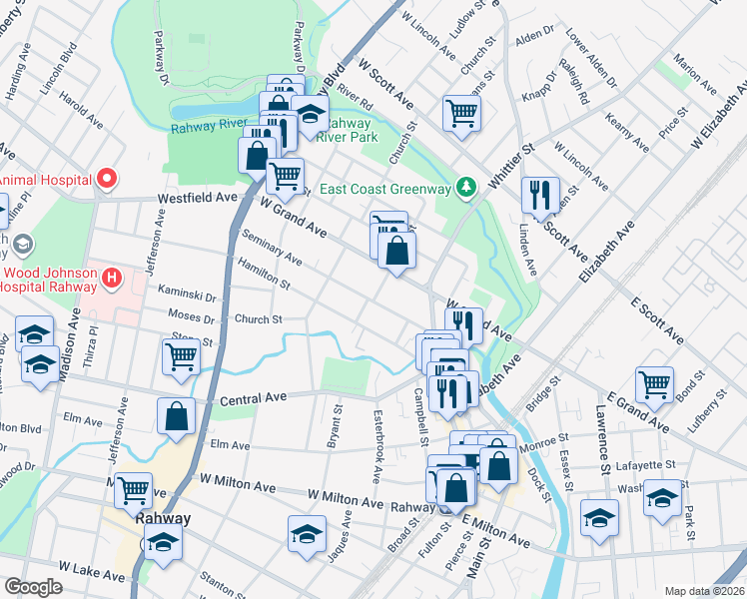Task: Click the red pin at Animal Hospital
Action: (x=106, y=180)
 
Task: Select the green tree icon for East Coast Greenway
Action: (x=464, y=187)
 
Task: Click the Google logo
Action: (x=33, y=586)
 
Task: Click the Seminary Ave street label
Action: (x=272, y=246)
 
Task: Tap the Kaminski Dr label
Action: (x=187, y=296)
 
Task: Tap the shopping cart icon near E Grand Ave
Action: (x=654, y=383)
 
